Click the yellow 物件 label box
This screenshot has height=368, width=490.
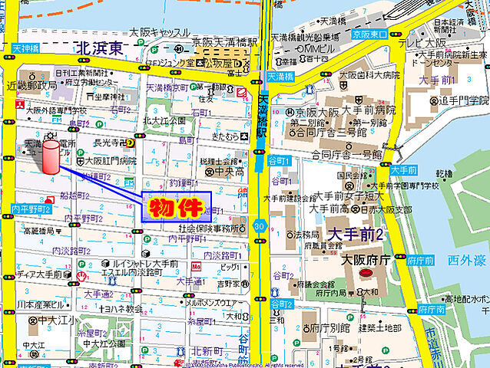176,206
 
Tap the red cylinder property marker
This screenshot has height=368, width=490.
51,158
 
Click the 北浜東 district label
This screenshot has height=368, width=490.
100,49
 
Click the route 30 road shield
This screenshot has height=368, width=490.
262,226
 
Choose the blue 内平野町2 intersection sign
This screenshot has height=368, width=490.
31,209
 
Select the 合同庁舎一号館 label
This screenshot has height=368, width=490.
337,154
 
